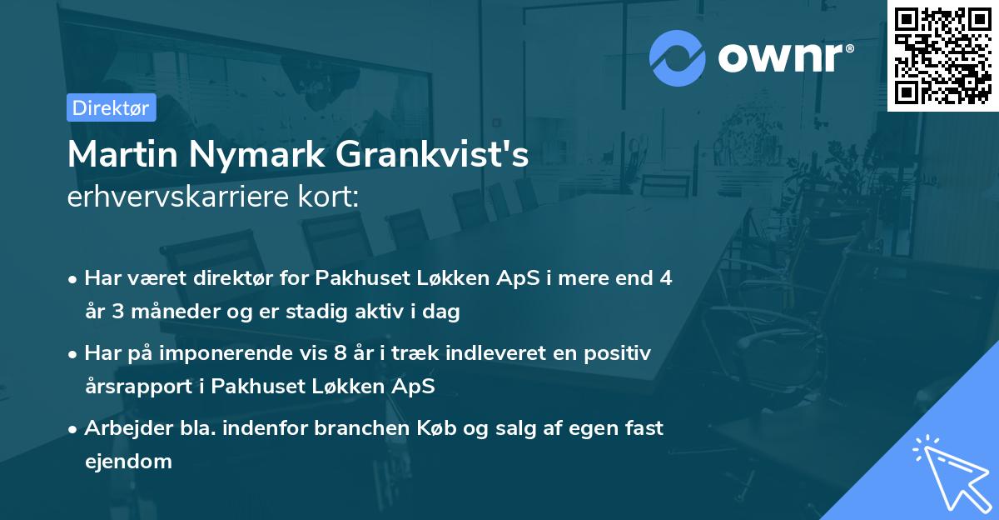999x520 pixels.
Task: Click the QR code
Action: (943, 55)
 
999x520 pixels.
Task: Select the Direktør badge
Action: (111, 107)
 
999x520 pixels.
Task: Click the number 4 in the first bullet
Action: (665, 278)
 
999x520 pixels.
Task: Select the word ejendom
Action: (128, 461)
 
